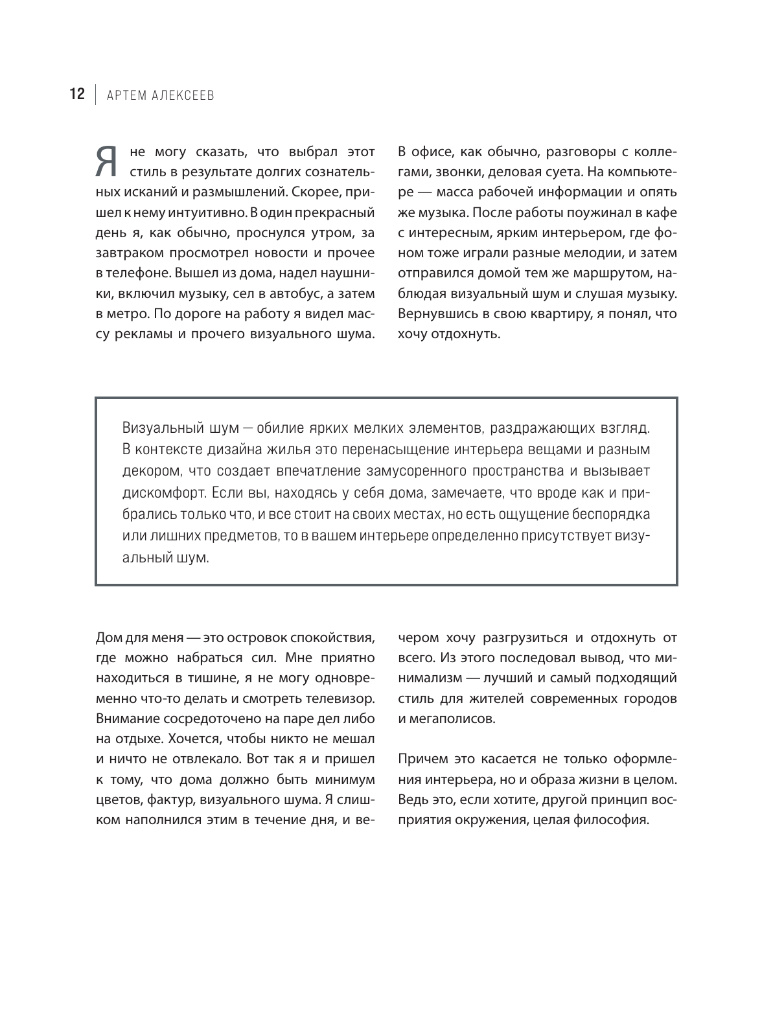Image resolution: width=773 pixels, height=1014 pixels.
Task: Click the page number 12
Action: click(x=76, y=95)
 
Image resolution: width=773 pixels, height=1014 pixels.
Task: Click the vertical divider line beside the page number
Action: click(x=95, y=95)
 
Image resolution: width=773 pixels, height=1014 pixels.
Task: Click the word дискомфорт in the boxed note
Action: click(x=161, y=492)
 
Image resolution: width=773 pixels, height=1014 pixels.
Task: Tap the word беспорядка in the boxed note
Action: click(x=616, y=514)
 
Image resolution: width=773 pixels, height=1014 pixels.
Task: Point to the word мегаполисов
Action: click(x=453, y=719)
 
